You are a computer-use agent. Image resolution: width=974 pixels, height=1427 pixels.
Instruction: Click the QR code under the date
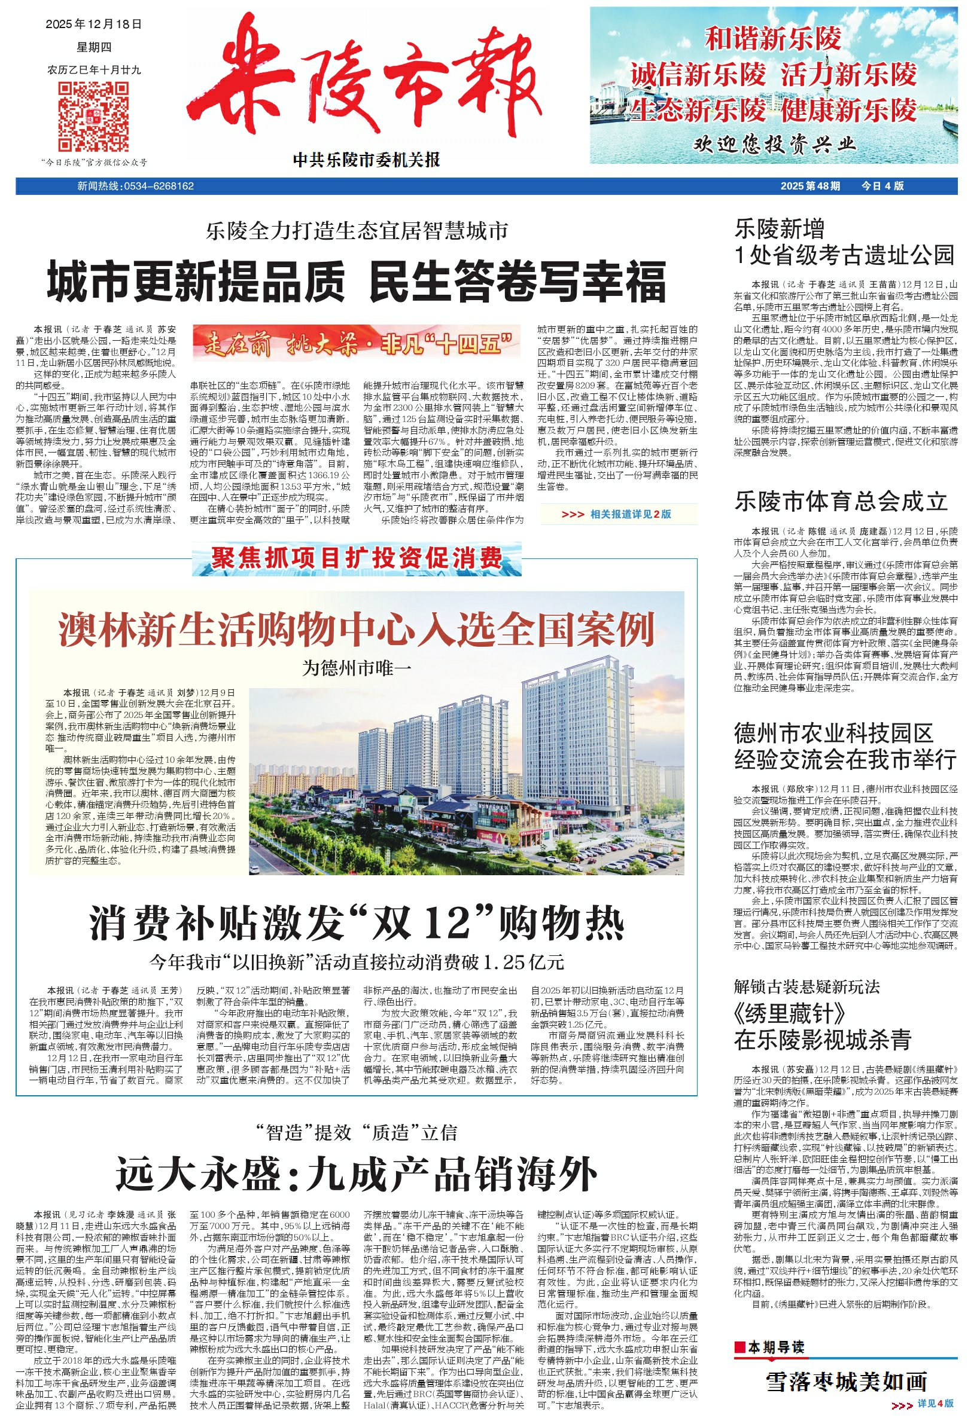(x=93, y=117)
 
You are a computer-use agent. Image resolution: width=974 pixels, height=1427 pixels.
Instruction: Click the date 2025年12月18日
(x=93, y=25)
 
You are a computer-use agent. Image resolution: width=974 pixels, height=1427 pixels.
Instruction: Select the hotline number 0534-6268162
(x=159, y=186)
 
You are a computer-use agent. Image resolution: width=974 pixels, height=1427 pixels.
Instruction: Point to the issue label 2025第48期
(x=811, y=186)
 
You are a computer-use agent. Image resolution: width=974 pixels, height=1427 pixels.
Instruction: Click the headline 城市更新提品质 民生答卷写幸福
(x=357, y=281)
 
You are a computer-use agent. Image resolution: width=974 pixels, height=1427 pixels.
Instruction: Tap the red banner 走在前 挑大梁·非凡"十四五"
(x=357, y=341)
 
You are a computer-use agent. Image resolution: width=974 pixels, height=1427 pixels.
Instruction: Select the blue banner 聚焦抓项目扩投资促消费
(x=357, y=559)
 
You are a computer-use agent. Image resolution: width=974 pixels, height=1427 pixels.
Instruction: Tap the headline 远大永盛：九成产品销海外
(x=357, y=1175)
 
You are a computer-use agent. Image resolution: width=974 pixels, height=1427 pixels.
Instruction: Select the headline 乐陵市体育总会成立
(x=841, y=502)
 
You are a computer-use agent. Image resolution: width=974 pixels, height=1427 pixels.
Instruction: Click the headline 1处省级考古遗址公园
(x=844, y=254)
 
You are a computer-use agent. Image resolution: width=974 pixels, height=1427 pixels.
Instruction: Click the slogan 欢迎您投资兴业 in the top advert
(x=774, y=145)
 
